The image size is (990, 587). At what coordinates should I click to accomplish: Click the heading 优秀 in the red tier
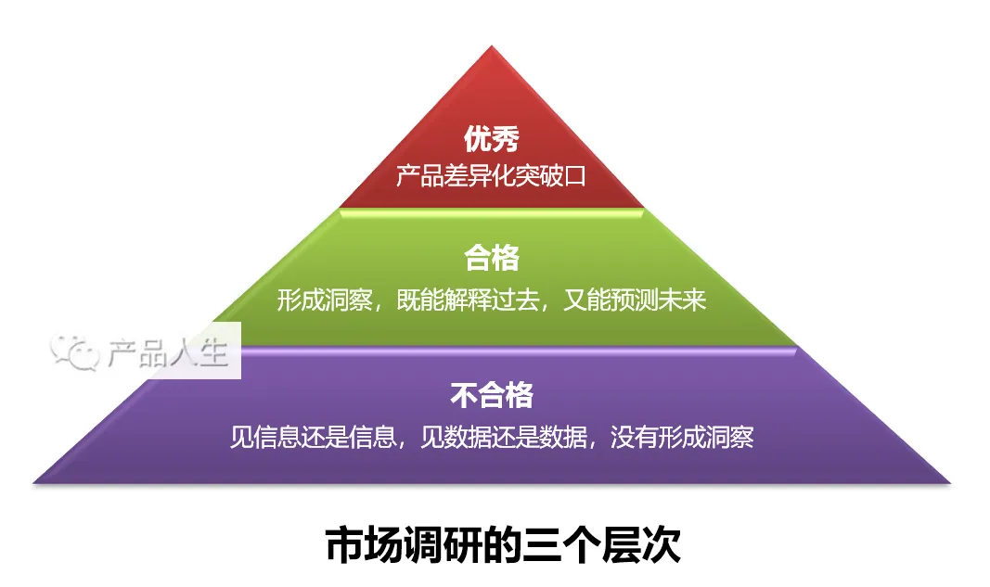tap(492, 140)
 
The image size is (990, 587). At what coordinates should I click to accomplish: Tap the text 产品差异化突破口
tap(492, 175)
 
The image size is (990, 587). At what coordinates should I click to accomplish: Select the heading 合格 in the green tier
tap(492, 259)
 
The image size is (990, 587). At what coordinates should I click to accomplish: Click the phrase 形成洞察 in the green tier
tap(324, 300)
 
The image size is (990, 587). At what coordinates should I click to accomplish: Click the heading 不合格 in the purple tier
tap(492, 395)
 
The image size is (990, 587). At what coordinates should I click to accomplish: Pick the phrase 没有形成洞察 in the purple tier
tap(681, 437)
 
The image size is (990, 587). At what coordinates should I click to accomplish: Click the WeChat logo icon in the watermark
tap(75, 351)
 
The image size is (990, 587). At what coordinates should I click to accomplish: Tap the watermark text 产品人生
tap(167, 352)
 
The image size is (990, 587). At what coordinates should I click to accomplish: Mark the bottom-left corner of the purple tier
tap(35, 481)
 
